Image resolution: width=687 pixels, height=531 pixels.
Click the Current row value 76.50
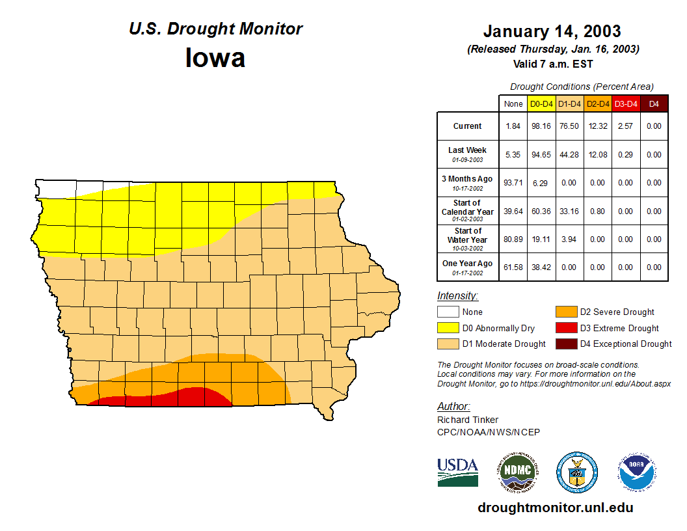569,126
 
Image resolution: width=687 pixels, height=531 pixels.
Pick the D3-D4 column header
625,104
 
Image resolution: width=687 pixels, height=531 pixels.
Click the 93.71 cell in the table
513,183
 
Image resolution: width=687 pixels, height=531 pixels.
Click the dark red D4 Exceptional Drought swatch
565,344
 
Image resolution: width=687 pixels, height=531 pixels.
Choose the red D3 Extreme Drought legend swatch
565,328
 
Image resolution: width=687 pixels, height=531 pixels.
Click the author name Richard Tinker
468,420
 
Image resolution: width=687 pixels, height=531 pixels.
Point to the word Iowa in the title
215,57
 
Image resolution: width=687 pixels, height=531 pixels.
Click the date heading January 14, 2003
552,31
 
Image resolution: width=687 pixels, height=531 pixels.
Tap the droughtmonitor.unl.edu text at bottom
555,508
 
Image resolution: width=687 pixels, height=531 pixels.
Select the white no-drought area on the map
59,187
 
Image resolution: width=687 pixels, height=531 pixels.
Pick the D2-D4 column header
597,104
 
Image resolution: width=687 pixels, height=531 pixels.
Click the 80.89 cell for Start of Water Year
513,239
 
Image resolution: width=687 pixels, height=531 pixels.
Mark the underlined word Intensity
457,296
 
